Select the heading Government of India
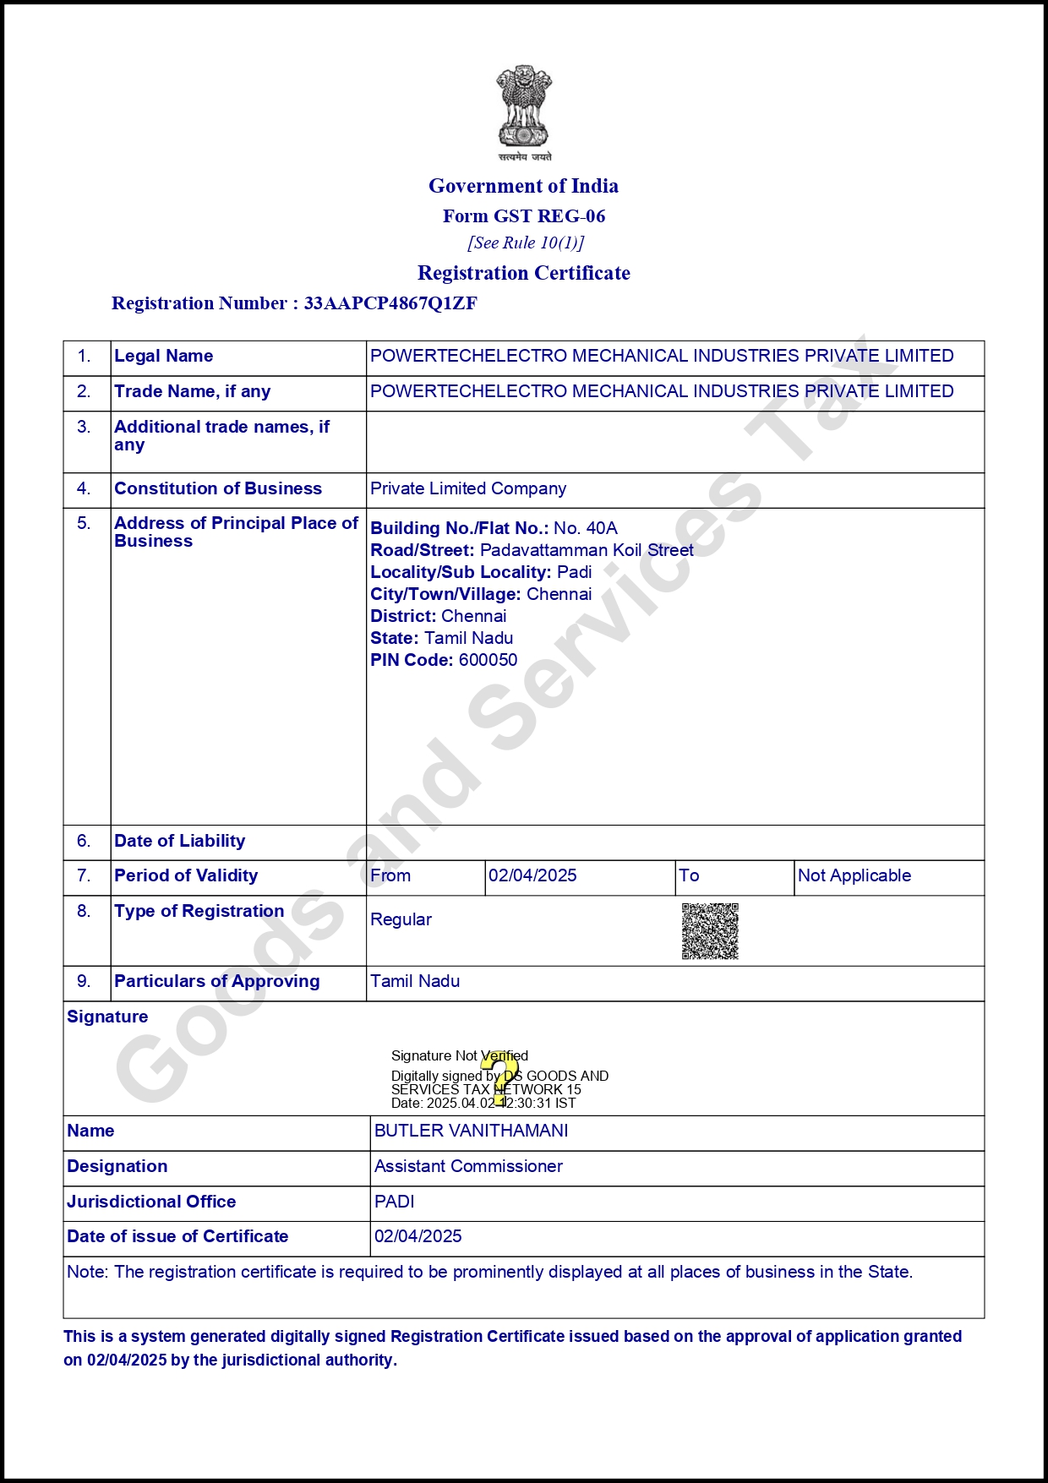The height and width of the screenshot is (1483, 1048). pyautogui.click(x=523, y=186)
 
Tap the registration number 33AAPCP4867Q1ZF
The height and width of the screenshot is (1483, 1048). pyautogui.click(x=390, y=303)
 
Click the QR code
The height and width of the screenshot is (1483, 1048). pyautogui.click(x=710, y=931)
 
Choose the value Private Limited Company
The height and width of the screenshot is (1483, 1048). pyautogui.click(x=468, y=489)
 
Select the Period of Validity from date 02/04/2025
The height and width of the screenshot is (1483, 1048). pyautogui.click(x=532, y=876)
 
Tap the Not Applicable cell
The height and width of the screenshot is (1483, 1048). pyautogui.click(x=854, y=876)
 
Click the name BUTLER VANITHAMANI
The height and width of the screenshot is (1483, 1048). pyautogui.click(x=471, y=1131)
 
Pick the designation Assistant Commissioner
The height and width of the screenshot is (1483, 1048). pyautogui.click(x=468, y=1167)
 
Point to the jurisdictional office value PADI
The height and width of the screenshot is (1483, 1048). pyautogui.click(x=395, y=1202)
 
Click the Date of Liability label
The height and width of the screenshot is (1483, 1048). pyautogui.click(x=179, y=842)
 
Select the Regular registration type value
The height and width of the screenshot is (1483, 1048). pyautogui.click(x=401, y=920)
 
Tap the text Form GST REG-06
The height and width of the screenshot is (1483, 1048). pyautogui.click(x=524, y=216)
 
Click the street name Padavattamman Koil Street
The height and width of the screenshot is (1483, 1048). pyautogui.click(x=587, y=550)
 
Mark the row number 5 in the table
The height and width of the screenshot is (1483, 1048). pyautogui.click(x=84, y=524)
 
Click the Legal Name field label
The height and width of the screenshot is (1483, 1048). pyautogui.click(x=163, y=357)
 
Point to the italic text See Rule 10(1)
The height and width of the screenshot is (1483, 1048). pyautogui.click(x=525, y=243)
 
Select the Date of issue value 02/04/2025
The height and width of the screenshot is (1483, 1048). pyautogui.click(x=418, y=1237)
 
